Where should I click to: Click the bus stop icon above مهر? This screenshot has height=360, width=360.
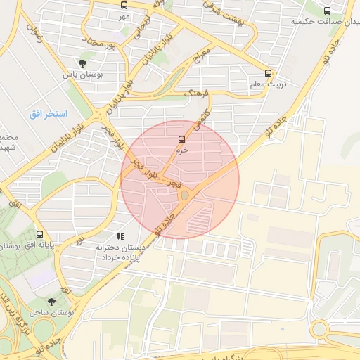pos(124,5)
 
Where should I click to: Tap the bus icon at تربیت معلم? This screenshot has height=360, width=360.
pos(269,73)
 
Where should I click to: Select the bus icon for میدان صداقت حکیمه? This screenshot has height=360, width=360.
pos(327,11)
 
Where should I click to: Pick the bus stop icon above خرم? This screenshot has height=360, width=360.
pos(182,139)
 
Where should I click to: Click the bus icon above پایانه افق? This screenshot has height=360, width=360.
pos(39,234)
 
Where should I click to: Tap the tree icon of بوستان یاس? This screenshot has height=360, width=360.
pos(83,64)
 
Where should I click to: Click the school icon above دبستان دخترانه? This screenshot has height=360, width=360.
pos(120,237)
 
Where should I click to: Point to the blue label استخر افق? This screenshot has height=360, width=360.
pos(48,113)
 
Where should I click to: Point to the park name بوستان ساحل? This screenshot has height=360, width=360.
pos(52,311)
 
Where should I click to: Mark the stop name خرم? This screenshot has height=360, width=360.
pos(182,149)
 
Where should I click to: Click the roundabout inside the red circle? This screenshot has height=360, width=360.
pos(184,195)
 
